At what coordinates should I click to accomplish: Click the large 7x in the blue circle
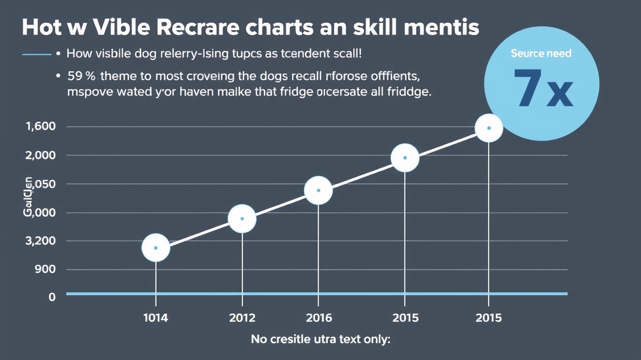543,87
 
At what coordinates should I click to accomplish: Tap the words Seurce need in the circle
541,53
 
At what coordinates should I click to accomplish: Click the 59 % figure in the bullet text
81,77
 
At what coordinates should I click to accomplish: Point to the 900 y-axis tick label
44,269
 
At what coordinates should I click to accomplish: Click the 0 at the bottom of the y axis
52,297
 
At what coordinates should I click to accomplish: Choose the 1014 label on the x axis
156,318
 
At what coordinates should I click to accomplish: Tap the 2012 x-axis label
242,318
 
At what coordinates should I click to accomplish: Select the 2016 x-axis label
318,318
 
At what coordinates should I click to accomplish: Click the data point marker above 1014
156,248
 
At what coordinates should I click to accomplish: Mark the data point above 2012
242,219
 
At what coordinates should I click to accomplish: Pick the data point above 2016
318,190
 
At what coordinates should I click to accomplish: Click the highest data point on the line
489,128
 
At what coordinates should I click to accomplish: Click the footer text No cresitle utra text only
320,340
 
